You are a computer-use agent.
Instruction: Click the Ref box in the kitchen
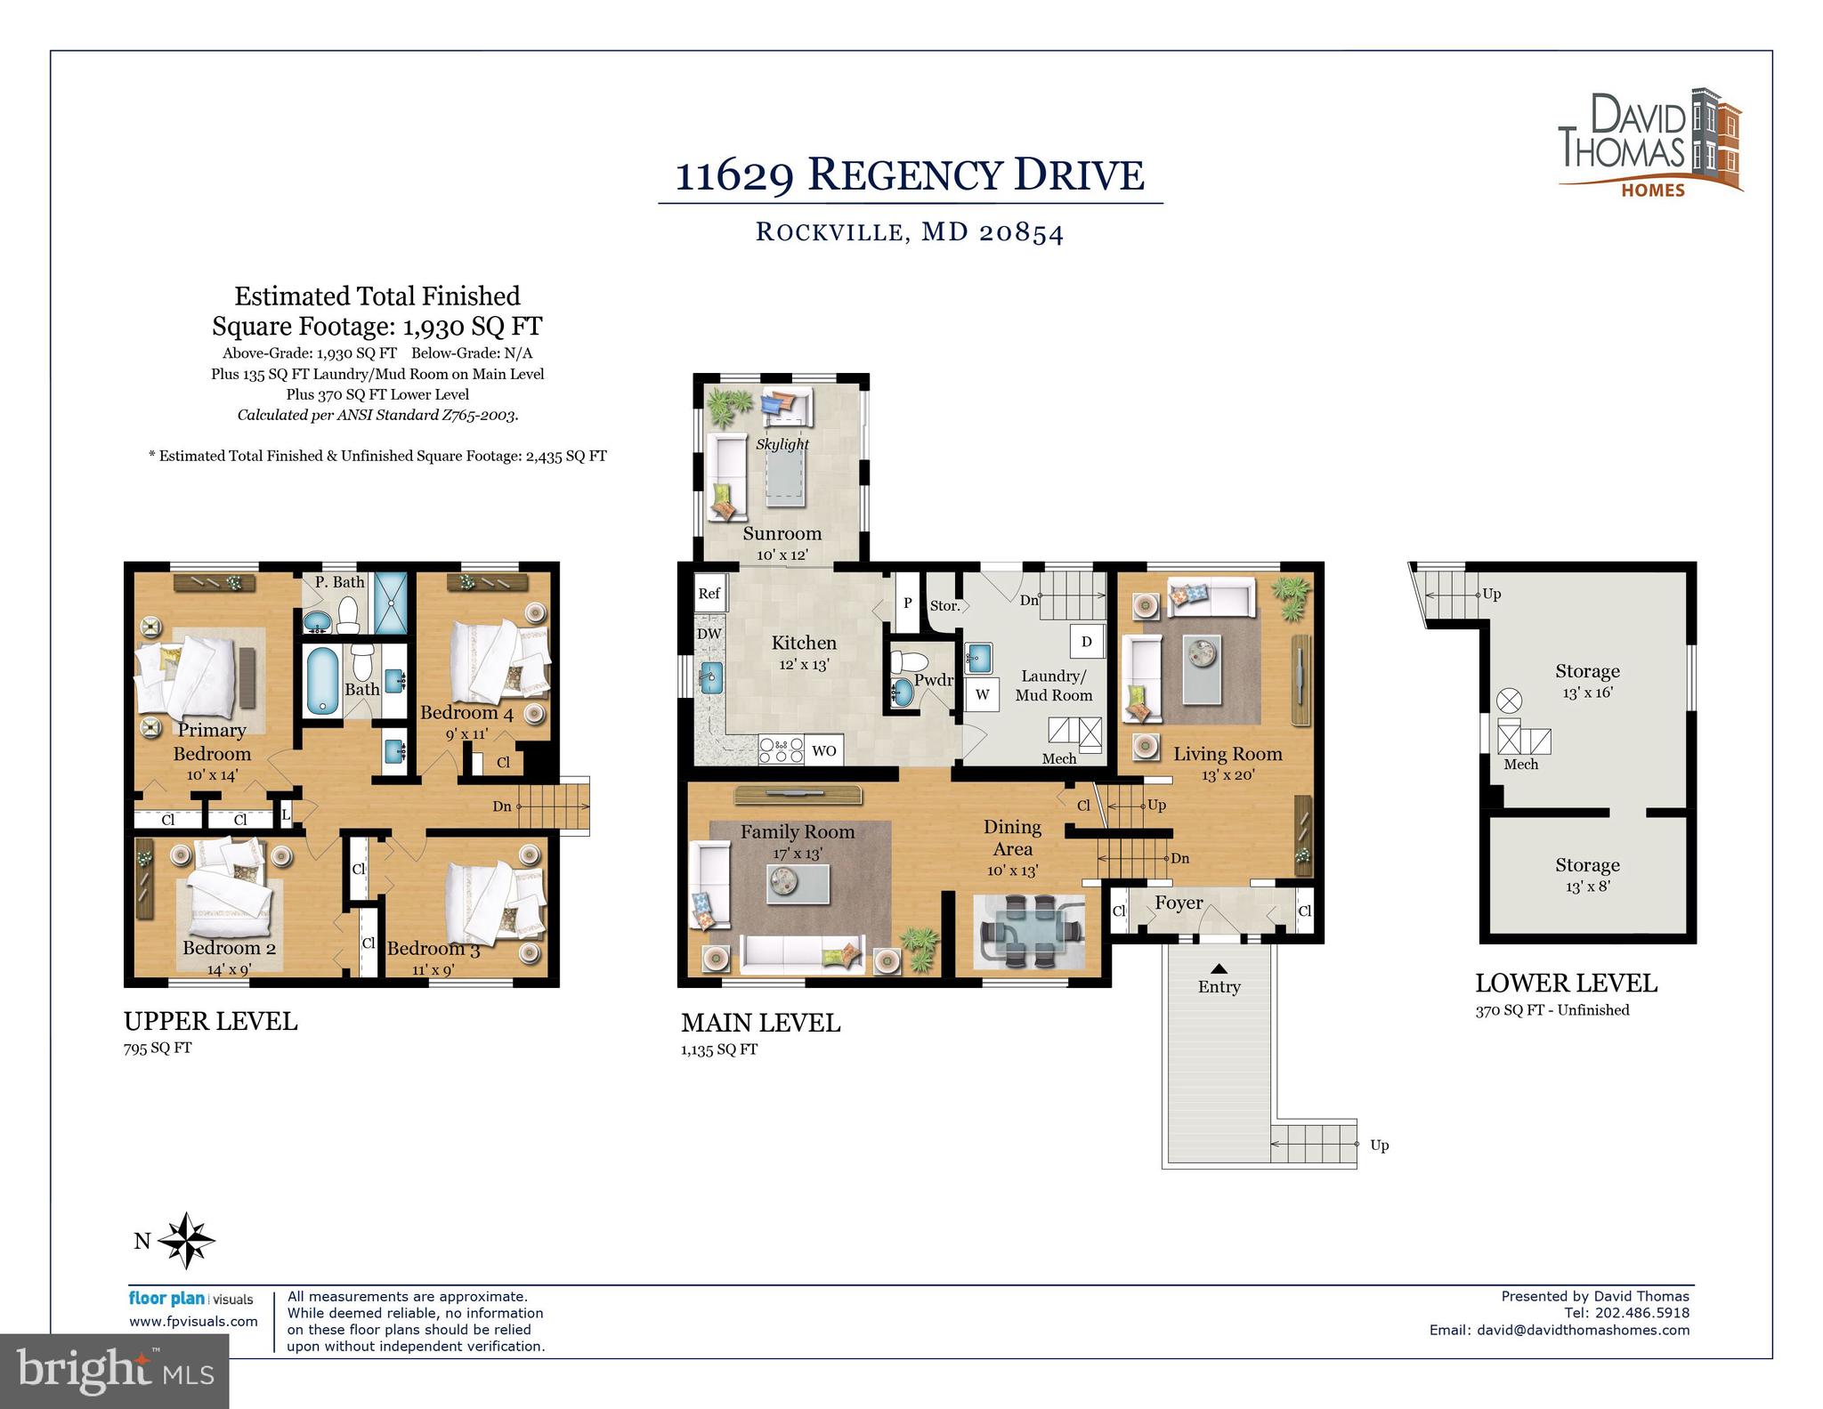[709, 594]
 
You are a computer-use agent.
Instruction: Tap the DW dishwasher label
[709, 635]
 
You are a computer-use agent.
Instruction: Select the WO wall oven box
[824, 750]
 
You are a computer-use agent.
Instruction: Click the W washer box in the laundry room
[982, 694]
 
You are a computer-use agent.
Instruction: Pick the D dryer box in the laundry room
[1087, 642]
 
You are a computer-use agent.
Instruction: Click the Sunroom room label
[782, 534]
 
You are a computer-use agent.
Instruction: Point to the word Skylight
[782, 444]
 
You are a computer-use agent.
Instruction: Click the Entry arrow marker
[1219, 968]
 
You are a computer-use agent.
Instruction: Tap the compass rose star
[187, 1240]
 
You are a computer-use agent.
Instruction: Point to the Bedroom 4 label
[466, 713]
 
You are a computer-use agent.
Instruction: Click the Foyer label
[1179, 903]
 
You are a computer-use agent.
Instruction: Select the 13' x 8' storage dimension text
[1587, 887]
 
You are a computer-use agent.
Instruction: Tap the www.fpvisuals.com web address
[193, 1322]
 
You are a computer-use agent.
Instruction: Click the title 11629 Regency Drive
[910, 175]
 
